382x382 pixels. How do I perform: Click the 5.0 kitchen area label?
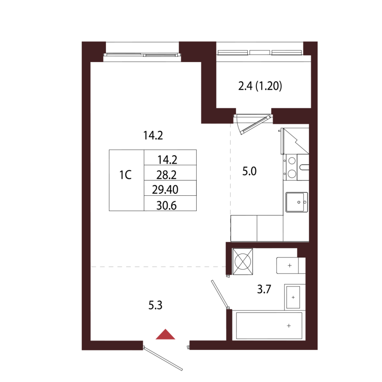(x=249, y=171)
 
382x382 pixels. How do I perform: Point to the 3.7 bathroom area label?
(x=264, y=288)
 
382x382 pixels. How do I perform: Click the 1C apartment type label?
(x=125, y=175)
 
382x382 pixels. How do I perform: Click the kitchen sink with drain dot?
(x=296, y=202)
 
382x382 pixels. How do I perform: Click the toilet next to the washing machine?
(x=290, y=265)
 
